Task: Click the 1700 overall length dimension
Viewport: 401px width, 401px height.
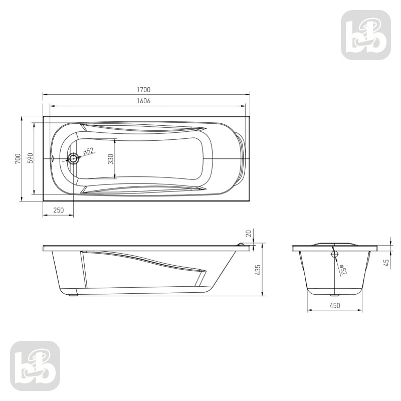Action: (x=144, y=90)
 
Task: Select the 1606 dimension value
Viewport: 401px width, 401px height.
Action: (x=143, y=101)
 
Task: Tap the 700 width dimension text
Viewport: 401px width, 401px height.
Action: (x=18, y=159)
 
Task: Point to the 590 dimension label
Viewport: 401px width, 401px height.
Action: (x=30, y=158)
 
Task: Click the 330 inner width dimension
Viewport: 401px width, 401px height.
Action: (x=110, y=159)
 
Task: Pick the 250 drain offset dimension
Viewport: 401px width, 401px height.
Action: (x=58, y=210)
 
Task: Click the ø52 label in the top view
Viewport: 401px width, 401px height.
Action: (x=89, y=151)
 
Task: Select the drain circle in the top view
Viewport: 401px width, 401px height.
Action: (x=73, y=159)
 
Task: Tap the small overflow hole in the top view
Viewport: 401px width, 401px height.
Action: (x=52, y=159)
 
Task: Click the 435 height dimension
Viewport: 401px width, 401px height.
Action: (x=258, y=270)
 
